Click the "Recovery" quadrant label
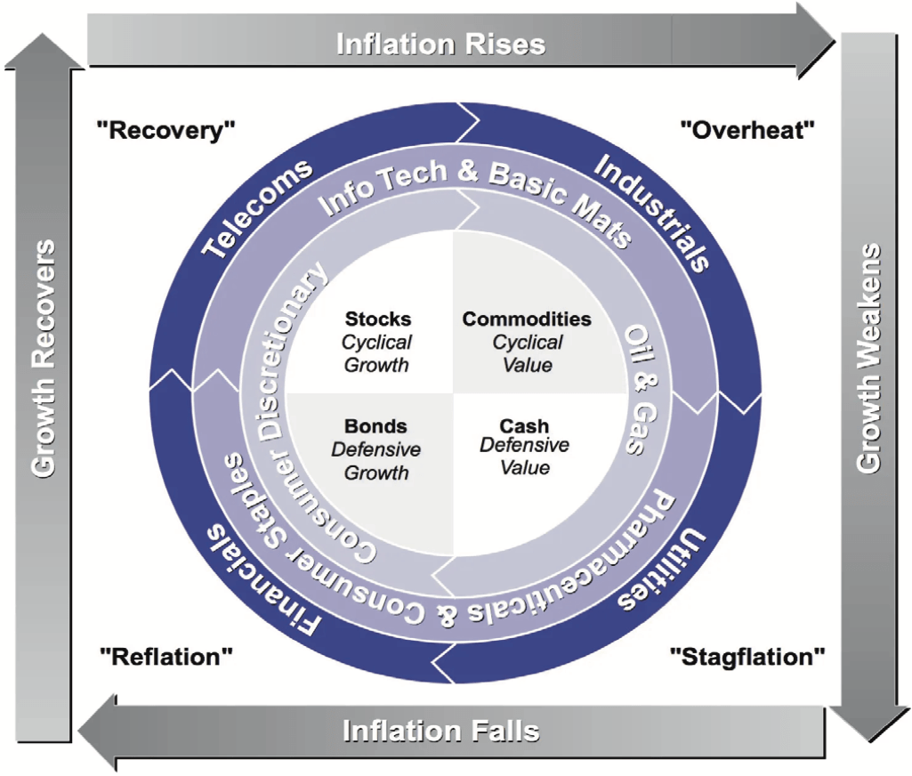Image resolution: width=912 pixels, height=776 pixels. pyautogui.click(x=165, y=130)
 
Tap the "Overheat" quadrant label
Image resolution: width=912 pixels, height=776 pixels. pyautogui.click(x=747, y=130)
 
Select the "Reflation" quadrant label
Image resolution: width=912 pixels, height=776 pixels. pyautogui.click(x=166, y=657)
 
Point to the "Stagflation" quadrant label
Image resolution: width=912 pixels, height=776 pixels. pyautogui.click(x=747, y=657)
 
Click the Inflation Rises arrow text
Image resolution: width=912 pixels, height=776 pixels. pyautogui.click(x=441, y=44)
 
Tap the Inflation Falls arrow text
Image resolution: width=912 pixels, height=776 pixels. pyautogui.click(x=441, y=732)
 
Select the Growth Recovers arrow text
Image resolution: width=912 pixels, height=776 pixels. pyautogui.click(x=44, y=359)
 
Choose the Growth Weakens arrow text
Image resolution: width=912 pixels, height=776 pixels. pyautogui.click(x=869, y=357)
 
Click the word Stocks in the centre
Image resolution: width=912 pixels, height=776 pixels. pyautogui.click(x=378, y=319)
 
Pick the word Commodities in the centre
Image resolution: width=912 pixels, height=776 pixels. pyautogui.click(x=527, y=319)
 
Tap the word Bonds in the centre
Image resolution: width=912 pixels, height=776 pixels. pyautogui.click(x=375, y=425)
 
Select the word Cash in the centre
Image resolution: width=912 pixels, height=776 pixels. pyautogui.click(x=524, y=425)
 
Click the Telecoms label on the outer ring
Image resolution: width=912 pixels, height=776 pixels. pyautogui.click(x=256, y=207)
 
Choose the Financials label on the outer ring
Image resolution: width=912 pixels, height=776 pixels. pyautogui.click(x=262, y=579)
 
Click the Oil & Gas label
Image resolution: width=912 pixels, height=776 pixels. pyautogui.click(x=641, y=390)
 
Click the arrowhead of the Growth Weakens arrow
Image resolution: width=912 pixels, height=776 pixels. pyautogui.click(x=869, y=725)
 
